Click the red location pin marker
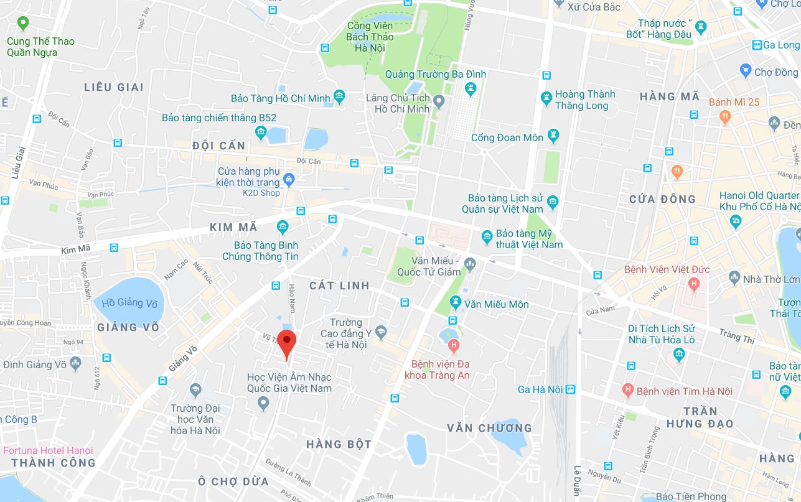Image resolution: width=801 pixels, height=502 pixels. coord(286,342)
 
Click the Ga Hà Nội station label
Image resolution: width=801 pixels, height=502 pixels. coord(540,390)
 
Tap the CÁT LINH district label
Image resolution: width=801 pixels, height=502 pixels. coord(340,286)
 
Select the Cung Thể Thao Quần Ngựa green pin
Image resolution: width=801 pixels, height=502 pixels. coord(23,24)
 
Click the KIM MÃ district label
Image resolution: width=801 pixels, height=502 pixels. coord(233,228)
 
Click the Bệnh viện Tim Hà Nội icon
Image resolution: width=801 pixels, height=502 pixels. coord(628,391)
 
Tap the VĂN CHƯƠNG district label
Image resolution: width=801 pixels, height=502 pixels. coord(489,428)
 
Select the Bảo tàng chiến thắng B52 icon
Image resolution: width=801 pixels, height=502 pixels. coord(260,132)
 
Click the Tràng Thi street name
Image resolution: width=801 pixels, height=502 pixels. coord(738,337)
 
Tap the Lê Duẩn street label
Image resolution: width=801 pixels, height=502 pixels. coord(577,480)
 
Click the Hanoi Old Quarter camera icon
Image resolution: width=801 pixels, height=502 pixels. coord(736,220)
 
